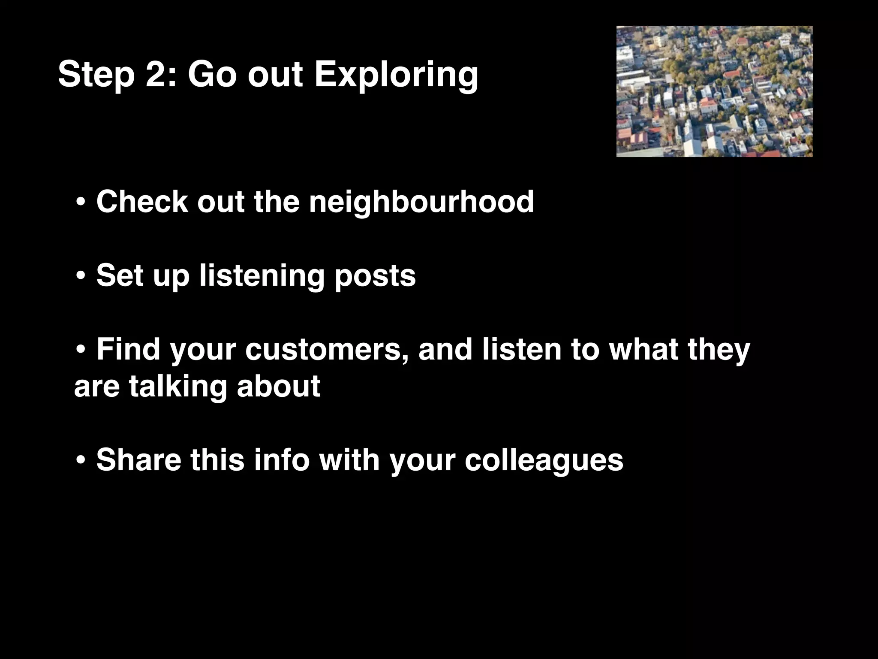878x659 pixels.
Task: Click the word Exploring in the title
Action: (x=396, y=76)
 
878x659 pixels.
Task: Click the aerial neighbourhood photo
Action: (x=714, y=91)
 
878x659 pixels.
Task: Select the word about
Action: (x=278, y=386)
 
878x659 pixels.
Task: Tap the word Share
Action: (x=138, y=459)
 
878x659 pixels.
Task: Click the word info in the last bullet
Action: (x=281, y=459)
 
